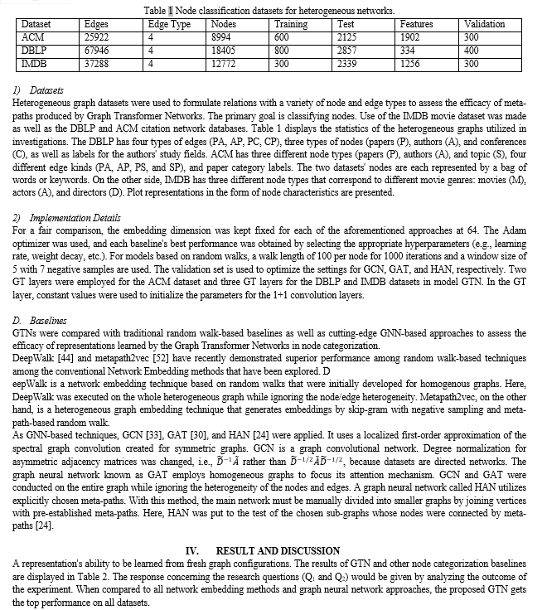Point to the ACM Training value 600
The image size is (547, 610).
tap(282, 37)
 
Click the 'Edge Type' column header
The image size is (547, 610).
tap(169, 25)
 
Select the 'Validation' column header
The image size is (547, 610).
tap(485, 25)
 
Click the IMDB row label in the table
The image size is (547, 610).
tap(34, 64)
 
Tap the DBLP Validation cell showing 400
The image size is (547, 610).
tap(472, 51)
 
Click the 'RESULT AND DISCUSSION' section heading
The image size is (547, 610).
tap(278, 550)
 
